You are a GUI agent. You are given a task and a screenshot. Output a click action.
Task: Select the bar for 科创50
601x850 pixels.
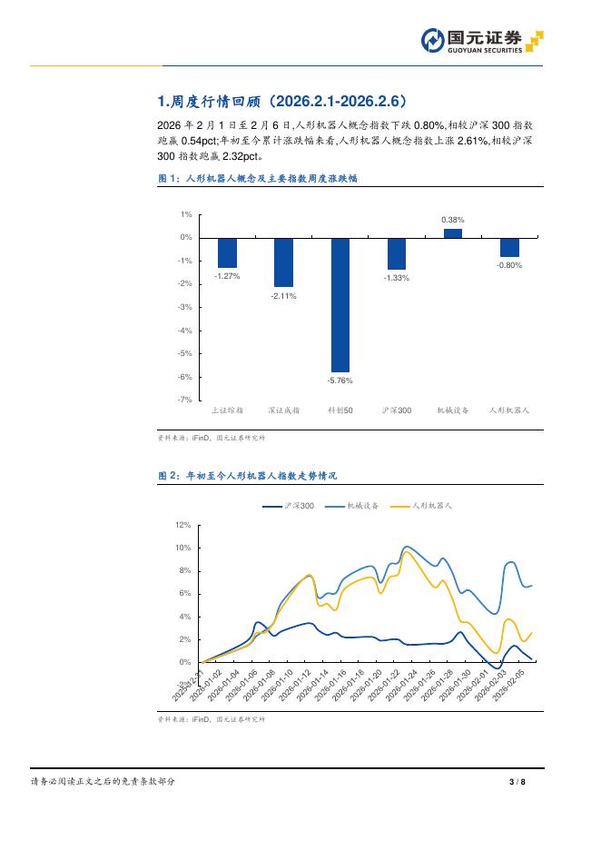(x=340, y=305)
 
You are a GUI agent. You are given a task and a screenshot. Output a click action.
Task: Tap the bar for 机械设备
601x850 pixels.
(x=453, y=232)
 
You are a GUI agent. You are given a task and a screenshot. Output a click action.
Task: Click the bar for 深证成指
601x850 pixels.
(x=284, y=262)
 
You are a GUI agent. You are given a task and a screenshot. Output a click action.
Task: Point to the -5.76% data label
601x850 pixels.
(x=340, y=381)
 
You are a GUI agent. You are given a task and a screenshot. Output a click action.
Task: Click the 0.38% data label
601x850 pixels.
(x=453, y=220)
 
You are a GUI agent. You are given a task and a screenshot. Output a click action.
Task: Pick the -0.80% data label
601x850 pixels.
(x=509, y=265)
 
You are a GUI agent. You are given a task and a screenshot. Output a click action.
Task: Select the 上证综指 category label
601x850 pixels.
(x=227, y=410)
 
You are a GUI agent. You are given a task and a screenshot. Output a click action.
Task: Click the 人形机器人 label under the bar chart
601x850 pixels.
(x=509, y=410)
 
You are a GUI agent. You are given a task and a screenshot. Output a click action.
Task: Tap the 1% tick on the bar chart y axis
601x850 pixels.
(x=185, y=214)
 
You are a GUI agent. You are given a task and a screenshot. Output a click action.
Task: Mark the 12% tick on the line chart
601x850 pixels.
(x=182, y=525)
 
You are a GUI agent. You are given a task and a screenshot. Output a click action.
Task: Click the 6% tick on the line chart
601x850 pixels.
(x=184, y=594)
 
